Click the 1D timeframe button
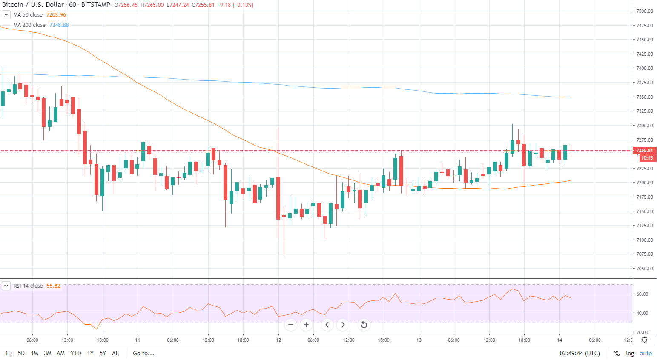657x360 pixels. (x=9, y=353)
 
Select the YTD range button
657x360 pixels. (x=76, y=353)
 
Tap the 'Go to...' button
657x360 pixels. (x=143, y=353)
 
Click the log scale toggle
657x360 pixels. (x=630, y=353)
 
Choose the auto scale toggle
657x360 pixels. (x=646, y=353)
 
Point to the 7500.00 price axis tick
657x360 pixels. (x=645, y=11)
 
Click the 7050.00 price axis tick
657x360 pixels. (x=645, y=269)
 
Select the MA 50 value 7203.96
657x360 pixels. (x=56, y=15)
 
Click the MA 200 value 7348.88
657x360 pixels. (x=59, y=25)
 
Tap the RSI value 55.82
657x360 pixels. (x=53, y=286)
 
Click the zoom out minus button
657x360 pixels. (x=291, y=325)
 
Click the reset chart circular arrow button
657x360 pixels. (x=364, y=325)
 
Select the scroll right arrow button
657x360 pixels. (x=343, y=325)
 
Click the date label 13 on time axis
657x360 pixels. (x=419, y=340)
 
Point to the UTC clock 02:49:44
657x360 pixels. (x=580, y=353)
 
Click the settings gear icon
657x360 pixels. (x=645, y=340)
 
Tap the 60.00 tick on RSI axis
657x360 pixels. (x=642, y=294)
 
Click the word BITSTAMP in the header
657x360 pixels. (x=95, y=5)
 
